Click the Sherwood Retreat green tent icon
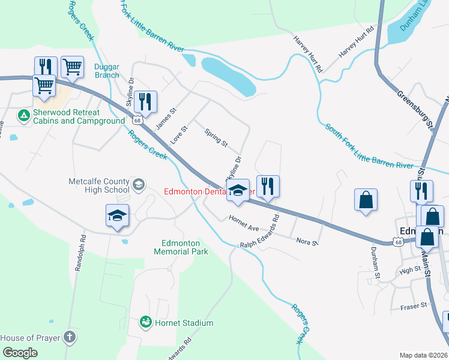click(23, 114)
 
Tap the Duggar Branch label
click(107, 71)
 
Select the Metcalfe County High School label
click(99, 186)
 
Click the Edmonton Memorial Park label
click(185, 247)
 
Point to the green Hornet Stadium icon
click(145, 323)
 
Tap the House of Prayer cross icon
click(70, 337)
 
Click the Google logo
click(20, 352)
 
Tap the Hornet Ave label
click(243, 224)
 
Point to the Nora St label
click(307, 241)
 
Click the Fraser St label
click(414, 307)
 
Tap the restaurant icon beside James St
click(146, 101)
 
